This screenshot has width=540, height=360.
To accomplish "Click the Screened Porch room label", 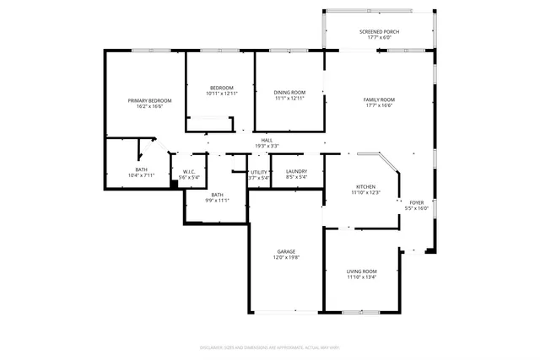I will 379,31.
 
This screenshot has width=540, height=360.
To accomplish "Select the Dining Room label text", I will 290,92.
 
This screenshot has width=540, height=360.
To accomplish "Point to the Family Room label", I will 379,99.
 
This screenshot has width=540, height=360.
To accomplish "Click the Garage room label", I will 287,252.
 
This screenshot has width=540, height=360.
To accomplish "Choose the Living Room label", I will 362,271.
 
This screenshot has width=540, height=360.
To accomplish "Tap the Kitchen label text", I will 365,187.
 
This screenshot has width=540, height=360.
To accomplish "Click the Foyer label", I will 417,203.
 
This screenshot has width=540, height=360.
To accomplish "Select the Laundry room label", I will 295,172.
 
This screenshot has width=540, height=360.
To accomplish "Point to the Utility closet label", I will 259,172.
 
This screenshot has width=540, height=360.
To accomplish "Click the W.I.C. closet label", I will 190,172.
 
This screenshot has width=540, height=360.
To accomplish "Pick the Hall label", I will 267,140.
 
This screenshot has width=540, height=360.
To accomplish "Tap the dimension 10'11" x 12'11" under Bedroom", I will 222,94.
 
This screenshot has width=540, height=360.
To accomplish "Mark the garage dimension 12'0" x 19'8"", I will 287,257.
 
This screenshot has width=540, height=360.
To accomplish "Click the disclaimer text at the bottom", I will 269,347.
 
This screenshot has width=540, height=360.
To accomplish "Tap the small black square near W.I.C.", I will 174,183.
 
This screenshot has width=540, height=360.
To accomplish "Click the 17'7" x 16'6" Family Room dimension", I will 379,105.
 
